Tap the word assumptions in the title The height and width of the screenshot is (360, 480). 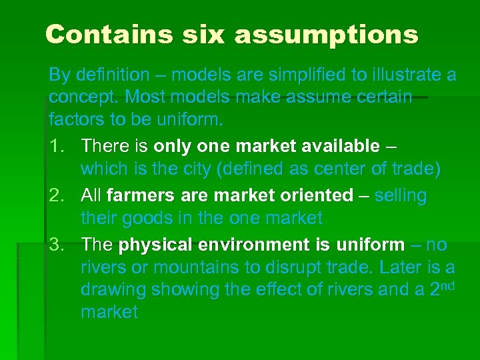click(326, 35)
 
